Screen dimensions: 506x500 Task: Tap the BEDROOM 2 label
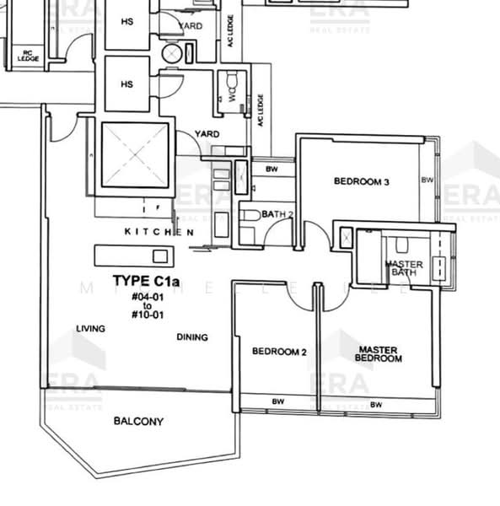[x=279, y=352]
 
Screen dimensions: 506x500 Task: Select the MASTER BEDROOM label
[x=379, y=353]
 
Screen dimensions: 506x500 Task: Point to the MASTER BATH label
[x=404, y=268]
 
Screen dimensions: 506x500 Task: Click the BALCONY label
[x=138, y=422]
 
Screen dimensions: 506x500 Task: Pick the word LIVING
[x=91, y=329]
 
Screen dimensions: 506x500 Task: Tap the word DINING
[x=192, y=337]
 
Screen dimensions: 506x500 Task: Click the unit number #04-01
[x=147, y=297]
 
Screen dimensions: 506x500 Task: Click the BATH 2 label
[x=277, y=215]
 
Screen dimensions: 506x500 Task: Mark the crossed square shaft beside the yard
[x=136, y=156]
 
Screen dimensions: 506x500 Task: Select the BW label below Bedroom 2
[x=276, y=402]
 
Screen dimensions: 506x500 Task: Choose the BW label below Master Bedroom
[x=376, y=405]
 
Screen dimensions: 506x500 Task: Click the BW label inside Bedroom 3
[x=427, y=180]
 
